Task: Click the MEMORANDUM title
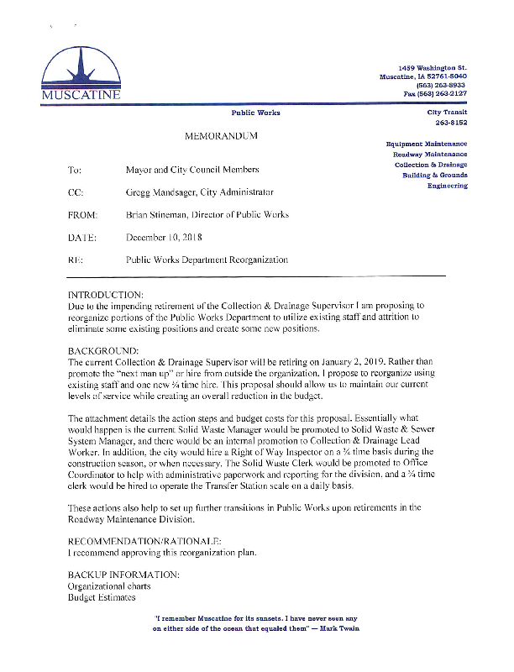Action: [x=220, y=135]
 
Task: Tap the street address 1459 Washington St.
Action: [x=433, y=66]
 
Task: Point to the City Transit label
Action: [x=447, y=112]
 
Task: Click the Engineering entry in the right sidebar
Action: [x=447, y=185]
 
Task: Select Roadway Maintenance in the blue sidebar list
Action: [x=430, y=154]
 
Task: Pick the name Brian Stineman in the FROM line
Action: [x=157, y=215]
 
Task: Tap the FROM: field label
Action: [x=82, y=215]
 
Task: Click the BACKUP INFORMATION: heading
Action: [x=123, y=575]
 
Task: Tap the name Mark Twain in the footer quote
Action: [x=343, y=629]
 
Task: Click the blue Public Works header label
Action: [x=255, y=113]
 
